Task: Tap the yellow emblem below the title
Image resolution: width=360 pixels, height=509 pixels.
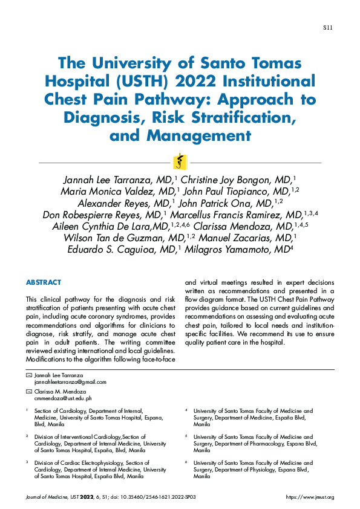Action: pos(180,162)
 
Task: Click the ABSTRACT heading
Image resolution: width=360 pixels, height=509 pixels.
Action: pos(44,282)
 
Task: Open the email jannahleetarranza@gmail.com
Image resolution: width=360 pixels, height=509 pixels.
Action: pos(70,382)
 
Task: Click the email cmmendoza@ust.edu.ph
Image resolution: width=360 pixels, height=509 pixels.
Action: pos(63,398)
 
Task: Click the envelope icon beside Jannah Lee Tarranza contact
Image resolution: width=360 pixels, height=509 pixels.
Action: pos(28,375)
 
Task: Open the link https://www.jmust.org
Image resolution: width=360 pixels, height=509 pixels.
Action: pos(310,497)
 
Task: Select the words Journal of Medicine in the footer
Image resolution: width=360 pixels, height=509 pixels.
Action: pos(45,497)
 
